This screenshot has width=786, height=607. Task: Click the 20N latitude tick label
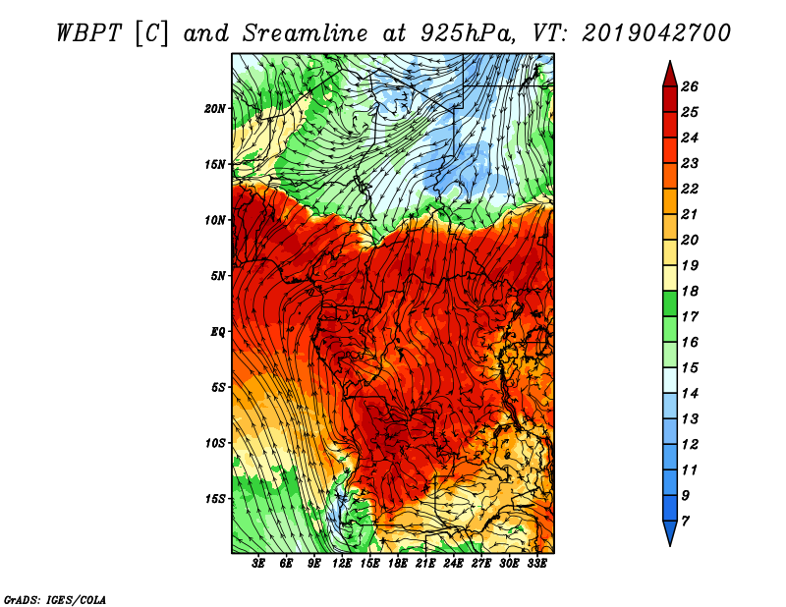pyautogui.click(x=215, y=109)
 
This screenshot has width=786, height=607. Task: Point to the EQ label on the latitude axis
pyautogui.click(x=217, y=332)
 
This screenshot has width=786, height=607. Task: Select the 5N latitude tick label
pyautogui.click(x=218, y=276)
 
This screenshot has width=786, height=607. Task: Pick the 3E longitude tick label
pyautogui.click(x=258, y=564)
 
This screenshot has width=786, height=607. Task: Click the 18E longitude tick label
pyautogui.click(x=398, y=564)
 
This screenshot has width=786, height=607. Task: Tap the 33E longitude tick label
pyautogui.click(x=536, y=564)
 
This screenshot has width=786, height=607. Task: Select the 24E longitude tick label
pyautogui.click(x=453, y=564)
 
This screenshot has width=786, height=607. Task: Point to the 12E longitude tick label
pyautogui.click(x=342, y=564)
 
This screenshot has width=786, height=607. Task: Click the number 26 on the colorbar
pyautogui.click(x=690, y=86)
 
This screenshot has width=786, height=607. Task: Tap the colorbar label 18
pyautogui.click(x=690, y=291)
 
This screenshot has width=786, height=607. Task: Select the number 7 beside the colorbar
pyautogui.click(x=685, y=522)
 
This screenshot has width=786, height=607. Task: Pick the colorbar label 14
pyautogui.click(x=690, y=394)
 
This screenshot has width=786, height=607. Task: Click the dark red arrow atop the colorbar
pyautogui.click(x=670, y=75)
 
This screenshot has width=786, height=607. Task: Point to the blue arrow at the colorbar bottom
pyautogui.click(x=670, y=533)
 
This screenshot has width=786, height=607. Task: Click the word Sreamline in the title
pyautogui.click(x=306, y=33)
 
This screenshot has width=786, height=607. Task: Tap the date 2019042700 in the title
pyautogui.click(x=656, y=33)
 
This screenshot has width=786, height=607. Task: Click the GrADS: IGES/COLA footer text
pyautogui.click(x=55, y=600)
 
